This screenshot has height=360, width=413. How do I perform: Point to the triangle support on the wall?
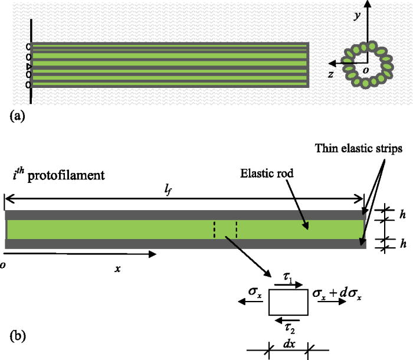click(29, 66)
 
